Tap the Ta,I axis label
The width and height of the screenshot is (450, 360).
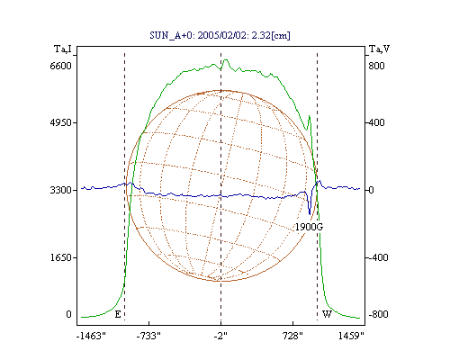pyautogui.click(x=63, y=49)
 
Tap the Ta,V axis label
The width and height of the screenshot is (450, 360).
pyautogui.click(x=379, y=49)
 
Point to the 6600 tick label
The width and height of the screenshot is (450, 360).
pyautogui.click(x=60, y=66)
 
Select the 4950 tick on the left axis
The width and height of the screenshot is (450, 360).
pyautogui.click(x=60, y=122)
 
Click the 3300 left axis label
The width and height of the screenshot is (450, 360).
pyautogui.click(x=60, y=190)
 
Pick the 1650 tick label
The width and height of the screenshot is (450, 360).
pyautogui.click(x=60, y=257)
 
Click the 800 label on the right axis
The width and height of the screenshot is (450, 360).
pyautogui.click(x=376, y=66)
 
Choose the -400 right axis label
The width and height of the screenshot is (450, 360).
pyautogui.click(x=378, y=257)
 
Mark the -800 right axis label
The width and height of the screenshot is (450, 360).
pyautogui.click(x=378, y=314)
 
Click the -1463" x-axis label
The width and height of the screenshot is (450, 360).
pyautogui.click(x=91, y=336)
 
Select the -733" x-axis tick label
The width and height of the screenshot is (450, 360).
pyautogui.click(x=148, y=336)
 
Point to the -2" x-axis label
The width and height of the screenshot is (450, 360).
pyautogui.click(x=220, y=336)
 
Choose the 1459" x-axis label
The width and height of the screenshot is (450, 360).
pyautogui.click(x=351, y=336)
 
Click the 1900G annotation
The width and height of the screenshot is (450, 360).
pyautogui.click(x=309, y=227)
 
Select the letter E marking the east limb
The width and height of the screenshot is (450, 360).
pyautogui.click(x=118, y=314)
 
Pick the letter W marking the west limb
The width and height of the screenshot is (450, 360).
pyautogui.click(x=327, y=314)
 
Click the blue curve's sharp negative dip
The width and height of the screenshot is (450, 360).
pyautogui.click(x=310, y=213)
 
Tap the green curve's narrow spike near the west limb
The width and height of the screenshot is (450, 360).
pyautogui.click(x=310, y=116)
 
